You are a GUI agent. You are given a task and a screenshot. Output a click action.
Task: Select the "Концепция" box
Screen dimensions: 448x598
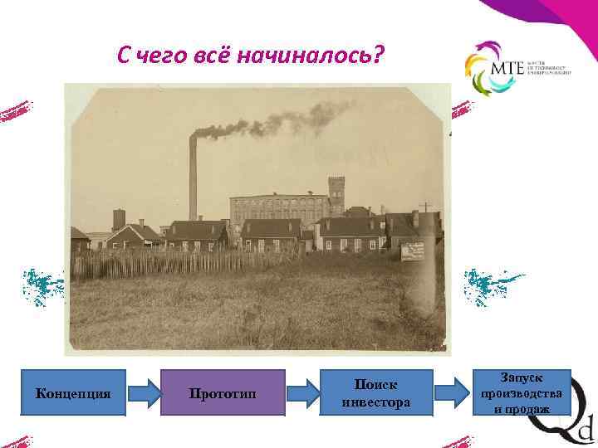[74, 392]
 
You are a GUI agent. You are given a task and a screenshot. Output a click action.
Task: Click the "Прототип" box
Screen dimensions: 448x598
[223, 392]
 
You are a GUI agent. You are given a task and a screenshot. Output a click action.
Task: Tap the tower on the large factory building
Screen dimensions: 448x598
[336, 193]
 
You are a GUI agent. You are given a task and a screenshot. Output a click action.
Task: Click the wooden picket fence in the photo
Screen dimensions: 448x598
[149, 264]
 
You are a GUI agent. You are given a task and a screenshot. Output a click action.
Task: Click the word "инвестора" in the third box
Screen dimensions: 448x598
[375, 403]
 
